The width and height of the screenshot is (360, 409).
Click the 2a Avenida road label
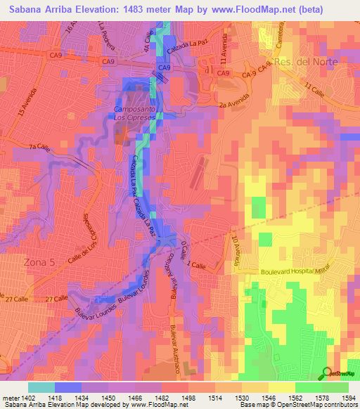(x=233, y=103)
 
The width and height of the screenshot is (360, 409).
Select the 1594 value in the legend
(x=348, y=399)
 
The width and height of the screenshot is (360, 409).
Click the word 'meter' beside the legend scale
(x=8, y=399)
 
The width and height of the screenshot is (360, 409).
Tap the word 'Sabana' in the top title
(x=22, y=10)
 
